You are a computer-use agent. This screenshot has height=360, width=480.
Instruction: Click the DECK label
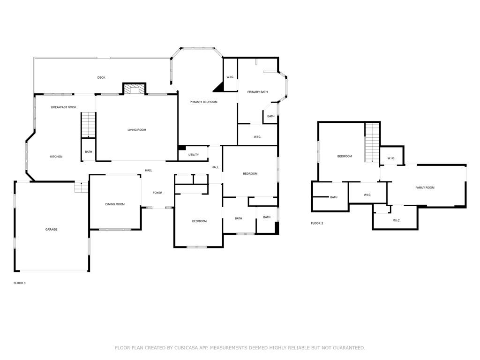[101, 78]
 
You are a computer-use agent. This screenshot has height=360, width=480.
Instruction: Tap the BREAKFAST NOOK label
[64, 107]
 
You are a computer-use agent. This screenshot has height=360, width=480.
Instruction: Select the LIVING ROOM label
[137, 130]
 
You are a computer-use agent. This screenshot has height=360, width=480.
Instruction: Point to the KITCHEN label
[56, 157]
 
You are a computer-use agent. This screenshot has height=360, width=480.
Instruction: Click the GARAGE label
[51, 230]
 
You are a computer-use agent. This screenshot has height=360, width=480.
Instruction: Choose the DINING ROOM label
[115, 204]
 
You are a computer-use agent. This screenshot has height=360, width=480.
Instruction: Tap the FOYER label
[157, 193]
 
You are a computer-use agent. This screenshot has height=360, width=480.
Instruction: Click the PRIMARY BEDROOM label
[203, 102]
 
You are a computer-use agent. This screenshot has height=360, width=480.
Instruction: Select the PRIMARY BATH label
[257, 92]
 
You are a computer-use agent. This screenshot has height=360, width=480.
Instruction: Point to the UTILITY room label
[194, 155]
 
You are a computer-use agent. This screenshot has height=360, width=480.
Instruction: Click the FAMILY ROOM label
[425, 187]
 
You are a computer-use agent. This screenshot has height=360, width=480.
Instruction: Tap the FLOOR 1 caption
[20, 283]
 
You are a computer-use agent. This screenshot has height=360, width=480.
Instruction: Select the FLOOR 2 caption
[317, 224]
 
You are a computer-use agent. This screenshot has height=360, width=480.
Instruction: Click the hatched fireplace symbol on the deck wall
[135, 89]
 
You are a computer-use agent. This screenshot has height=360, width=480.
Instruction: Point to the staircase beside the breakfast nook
[89, 125]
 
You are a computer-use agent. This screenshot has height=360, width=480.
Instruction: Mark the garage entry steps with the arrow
[81, 187]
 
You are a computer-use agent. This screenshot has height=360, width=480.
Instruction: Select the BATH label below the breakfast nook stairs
[89, 152]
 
